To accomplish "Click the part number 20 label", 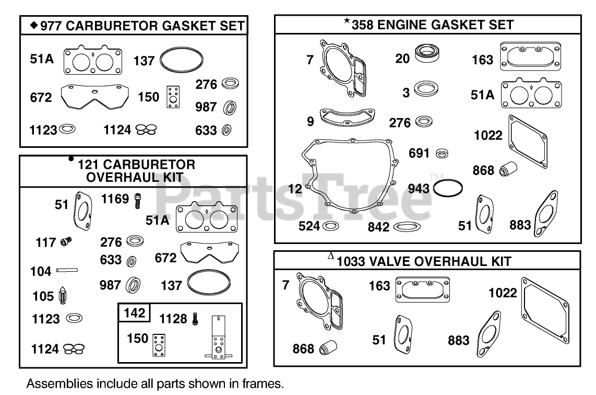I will tap(402, 59).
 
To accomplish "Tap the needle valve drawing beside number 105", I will tap(63, 297).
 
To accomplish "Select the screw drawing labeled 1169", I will tap(138, 201).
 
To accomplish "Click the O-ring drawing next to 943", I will tap(448, 188).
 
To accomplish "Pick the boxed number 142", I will tap(134, 313).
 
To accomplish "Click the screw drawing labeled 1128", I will tap(195, 318).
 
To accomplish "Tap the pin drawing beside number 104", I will tap(67, 270).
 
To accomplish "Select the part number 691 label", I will tap(420, 154).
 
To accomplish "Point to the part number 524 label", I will tap(309, 226).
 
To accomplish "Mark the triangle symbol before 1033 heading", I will tap(330, 256).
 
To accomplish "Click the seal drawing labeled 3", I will tap(426, 89).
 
